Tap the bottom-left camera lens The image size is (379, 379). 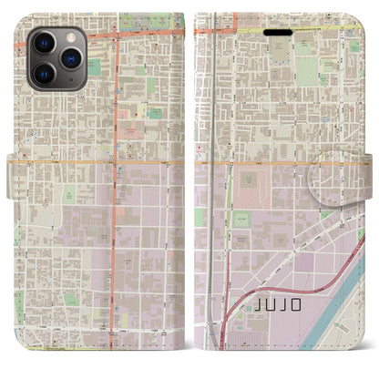pos(43,73)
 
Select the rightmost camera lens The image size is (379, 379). pos(68,58)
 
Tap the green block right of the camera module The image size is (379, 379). pos(94,67)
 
